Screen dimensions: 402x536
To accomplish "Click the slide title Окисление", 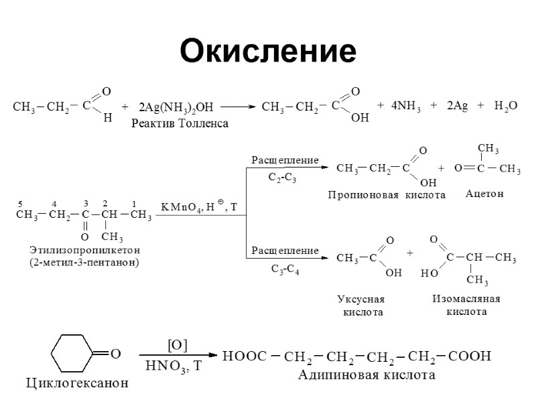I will (267, 51).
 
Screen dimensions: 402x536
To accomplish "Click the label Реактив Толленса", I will (180, 123).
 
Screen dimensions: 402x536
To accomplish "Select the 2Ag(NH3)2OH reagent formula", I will (176, 107).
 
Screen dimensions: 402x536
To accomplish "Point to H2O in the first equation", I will (506, 107).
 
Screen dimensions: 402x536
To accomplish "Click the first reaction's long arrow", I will (238, 107).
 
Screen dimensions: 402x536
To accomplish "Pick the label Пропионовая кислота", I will (387, 195).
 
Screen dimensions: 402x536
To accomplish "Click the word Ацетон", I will (484, 194).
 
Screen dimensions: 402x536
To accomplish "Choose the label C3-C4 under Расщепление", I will (285, 269).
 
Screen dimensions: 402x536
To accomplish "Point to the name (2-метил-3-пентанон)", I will (84, 262).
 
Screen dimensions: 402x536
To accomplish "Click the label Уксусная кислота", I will (363, 306).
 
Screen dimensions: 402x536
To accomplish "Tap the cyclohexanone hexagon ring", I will (72, 353).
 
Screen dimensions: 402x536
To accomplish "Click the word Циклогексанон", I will (76, 384).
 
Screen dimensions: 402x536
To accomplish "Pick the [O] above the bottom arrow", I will (177, 344).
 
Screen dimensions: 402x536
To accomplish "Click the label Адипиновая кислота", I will (366, 375).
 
